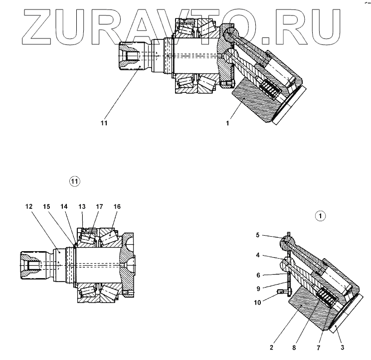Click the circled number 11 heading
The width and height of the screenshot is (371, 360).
coord(74,182)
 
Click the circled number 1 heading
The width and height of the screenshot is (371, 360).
coord(319,216)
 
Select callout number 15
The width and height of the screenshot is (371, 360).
coord(46,206)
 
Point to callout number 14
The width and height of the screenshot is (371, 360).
coord(64,206)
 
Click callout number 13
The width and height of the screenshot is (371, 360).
coord(82,206)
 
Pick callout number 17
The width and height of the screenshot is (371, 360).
coord(99,206)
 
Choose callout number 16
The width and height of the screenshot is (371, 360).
coord(117,206)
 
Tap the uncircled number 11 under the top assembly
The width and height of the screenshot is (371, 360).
coord(104,121)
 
